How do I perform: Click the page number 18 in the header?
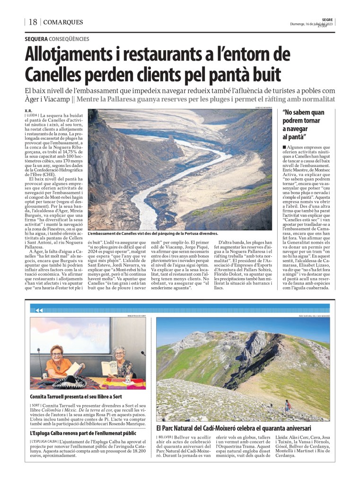tap(33, 22)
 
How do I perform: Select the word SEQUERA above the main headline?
tap(36, 39)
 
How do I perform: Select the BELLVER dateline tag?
tap(165, 437)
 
